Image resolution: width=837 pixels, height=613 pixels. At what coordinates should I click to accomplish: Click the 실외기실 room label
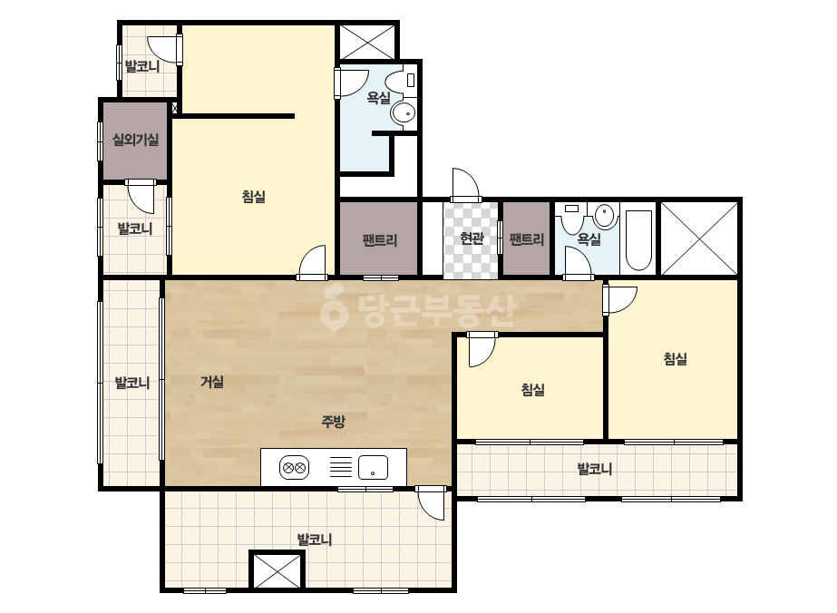[135, 140]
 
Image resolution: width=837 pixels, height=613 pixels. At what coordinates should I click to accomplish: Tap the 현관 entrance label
[472, 238]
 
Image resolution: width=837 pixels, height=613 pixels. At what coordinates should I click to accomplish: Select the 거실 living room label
[212, 382]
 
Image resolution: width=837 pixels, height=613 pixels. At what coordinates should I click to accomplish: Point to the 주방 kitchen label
[333, 422]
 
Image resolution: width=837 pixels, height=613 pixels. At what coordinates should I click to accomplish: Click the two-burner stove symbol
[294, 468]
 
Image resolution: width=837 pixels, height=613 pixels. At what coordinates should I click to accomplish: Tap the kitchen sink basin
[373, 468]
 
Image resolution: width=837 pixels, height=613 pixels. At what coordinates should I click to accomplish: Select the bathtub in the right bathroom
[638, 240]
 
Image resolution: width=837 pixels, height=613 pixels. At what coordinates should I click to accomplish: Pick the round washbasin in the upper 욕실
[403, 112]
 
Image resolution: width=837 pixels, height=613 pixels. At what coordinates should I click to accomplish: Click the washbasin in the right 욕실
[606, 216]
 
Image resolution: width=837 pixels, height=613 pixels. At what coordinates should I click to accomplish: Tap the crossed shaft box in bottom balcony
[277, 571]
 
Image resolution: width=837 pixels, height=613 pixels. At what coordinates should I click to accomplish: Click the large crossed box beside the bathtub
[699, 238]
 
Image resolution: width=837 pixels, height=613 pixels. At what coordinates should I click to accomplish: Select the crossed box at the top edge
[367, 41]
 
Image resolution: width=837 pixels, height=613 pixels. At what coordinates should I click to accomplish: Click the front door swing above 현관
[465, 185]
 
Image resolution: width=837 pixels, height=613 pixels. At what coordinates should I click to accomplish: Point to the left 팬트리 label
[380, 240]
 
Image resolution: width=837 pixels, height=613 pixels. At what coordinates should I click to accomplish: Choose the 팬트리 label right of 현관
[527, 239]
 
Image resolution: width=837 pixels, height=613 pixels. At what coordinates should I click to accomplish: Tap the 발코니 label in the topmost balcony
[142, 67]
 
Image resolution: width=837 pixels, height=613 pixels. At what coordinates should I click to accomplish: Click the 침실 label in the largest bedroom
[254, 197]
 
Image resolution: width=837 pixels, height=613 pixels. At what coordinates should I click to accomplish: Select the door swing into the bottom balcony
[432, 503]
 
